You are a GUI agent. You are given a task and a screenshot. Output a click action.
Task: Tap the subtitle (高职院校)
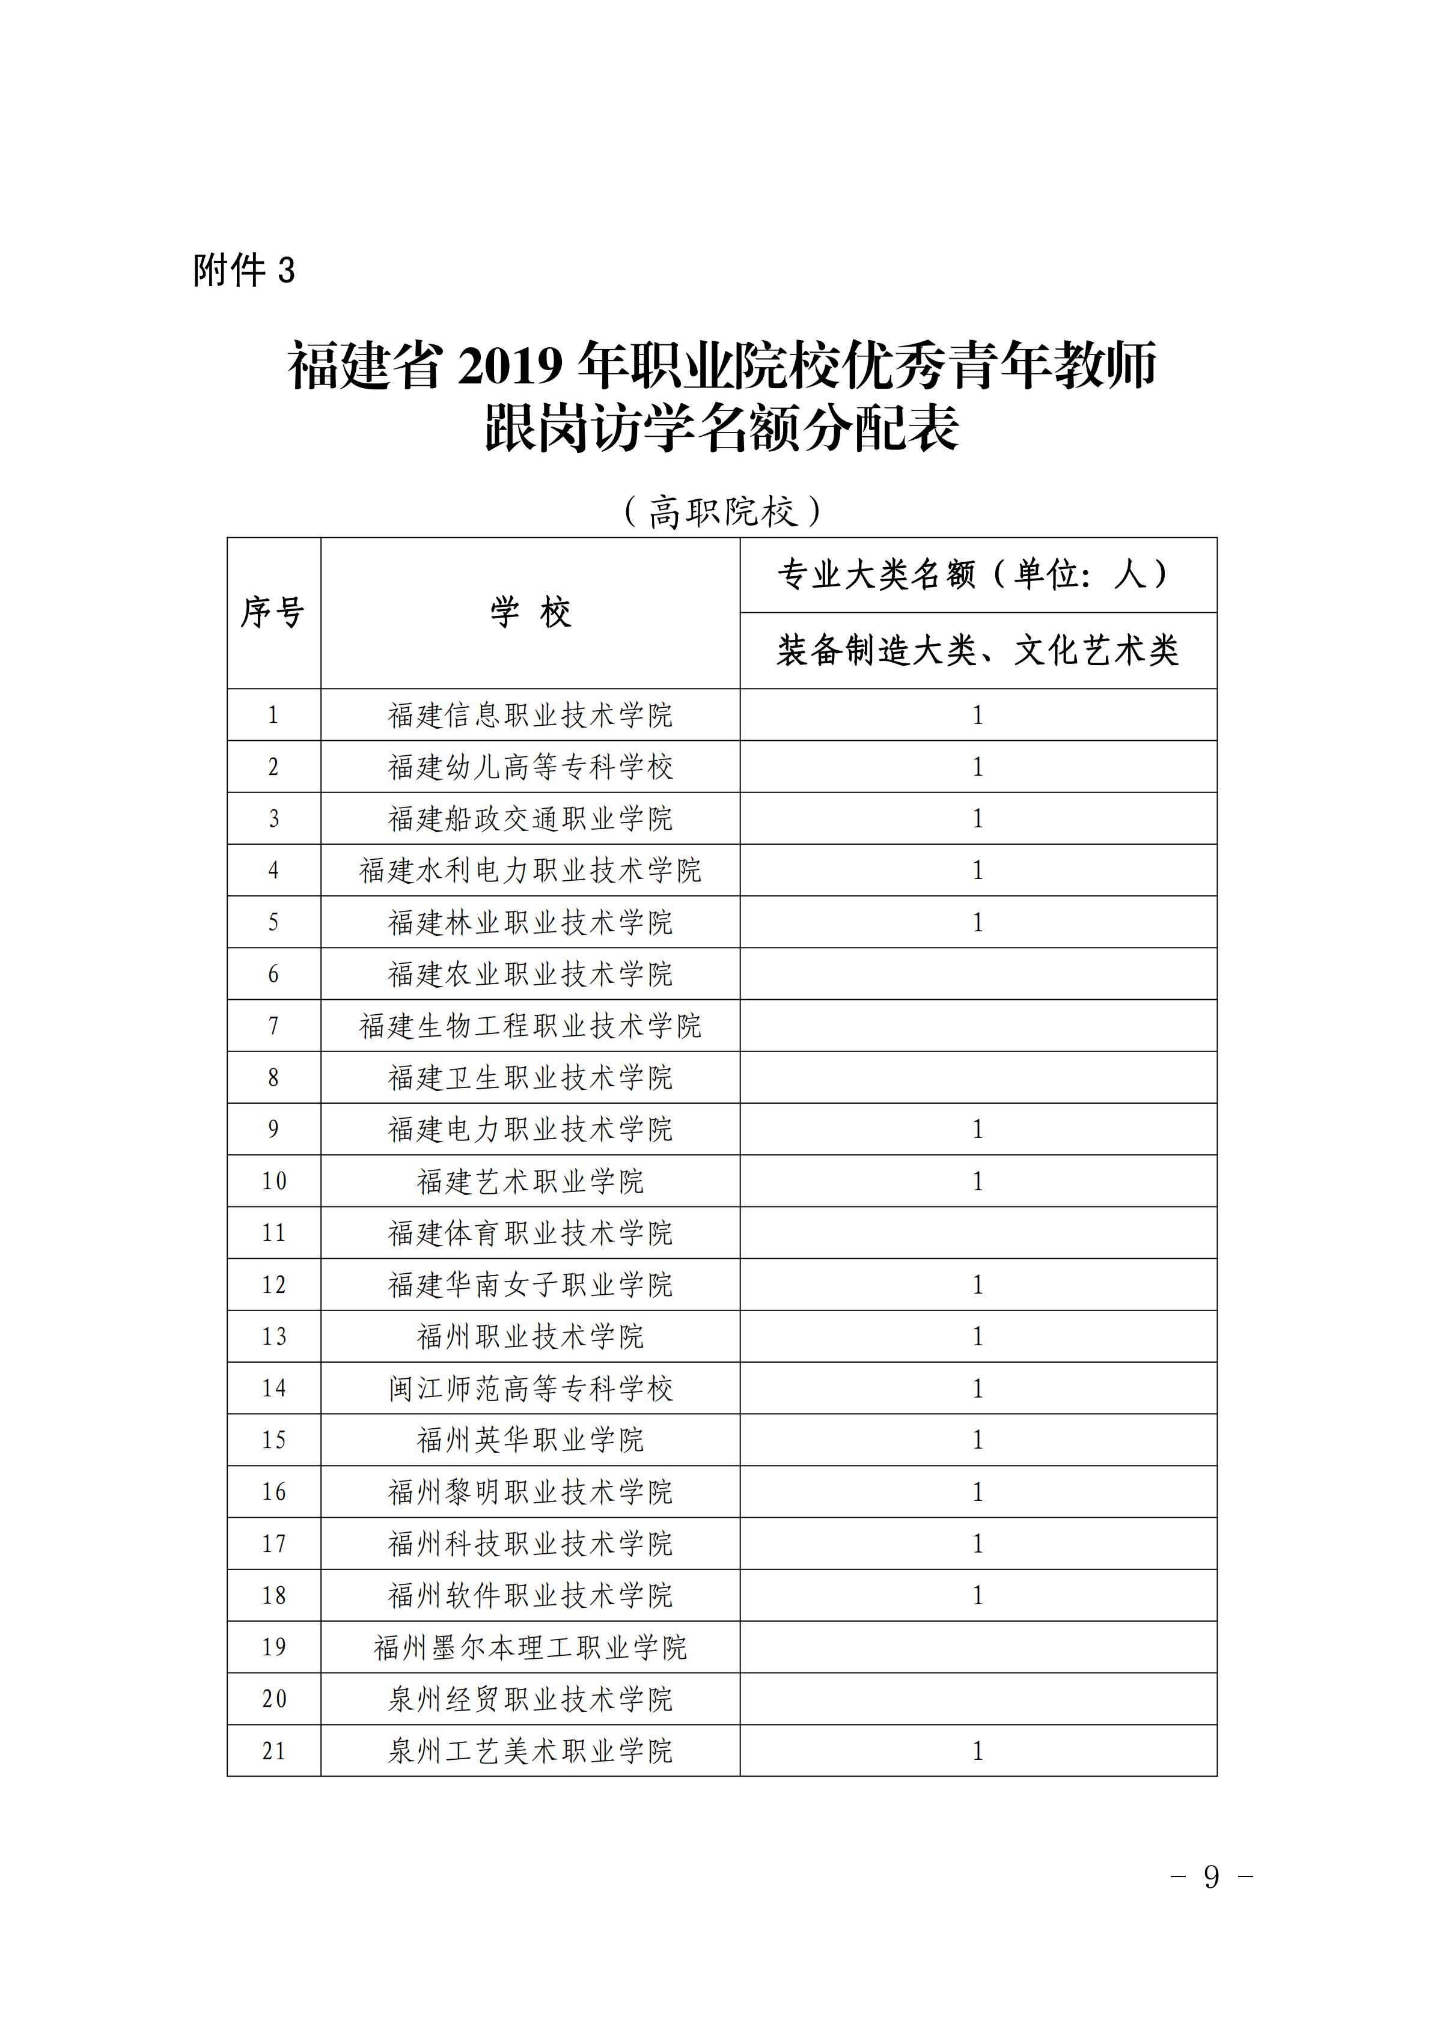click(722, 511)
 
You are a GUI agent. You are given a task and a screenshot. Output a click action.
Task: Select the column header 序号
click(273, 612)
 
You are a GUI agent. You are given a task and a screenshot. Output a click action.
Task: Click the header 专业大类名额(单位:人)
click(977, 574)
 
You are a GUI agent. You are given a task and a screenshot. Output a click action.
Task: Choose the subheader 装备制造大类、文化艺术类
click(977, 650)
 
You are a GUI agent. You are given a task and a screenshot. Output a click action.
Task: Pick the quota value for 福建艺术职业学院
click(977, 1181)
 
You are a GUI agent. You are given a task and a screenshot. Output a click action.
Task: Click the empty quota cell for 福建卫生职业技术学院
click(977, 1077)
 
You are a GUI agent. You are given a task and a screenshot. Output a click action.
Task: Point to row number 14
click(273, 1388)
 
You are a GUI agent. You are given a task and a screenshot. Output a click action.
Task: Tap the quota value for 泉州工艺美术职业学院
click(977, 1751)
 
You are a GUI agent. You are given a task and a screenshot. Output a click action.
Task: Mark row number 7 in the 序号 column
click(273, 1026)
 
